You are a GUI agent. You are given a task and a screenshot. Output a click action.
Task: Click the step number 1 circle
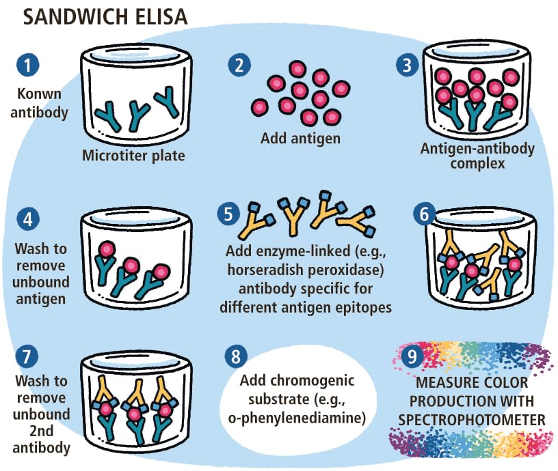27,66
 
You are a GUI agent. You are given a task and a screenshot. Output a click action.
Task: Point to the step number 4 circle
27,219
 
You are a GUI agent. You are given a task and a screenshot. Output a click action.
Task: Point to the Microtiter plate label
133,156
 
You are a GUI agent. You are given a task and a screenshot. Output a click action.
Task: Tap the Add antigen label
300,139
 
